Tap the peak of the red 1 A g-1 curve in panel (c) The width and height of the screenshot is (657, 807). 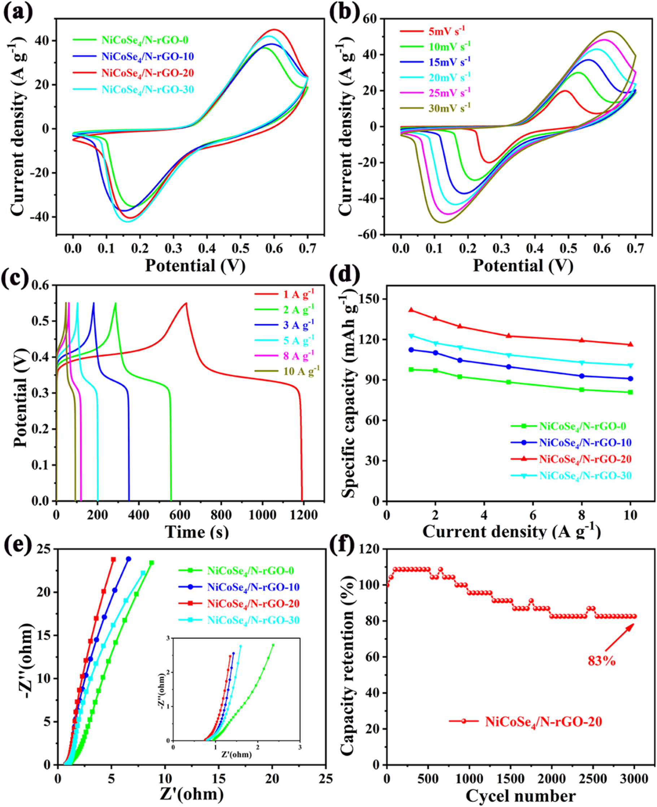(186, 303)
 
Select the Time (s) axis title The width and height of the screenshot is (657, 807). (197, 532)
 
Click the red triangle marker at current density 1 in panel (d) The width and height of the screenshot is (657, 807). (411, 310)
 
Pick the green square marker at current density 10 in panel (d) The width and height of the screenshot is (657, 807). (630, 392)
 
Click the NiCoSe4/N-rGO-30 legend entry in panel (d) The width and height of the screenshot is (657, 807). (585, 476)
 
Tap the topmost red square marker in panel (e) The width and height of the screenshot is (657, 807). (113, 559)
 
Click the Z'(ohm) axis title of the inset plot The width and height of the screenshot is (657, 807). (236, 754)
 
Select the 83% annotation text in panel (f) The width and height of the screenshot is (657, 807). (601, 661)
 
